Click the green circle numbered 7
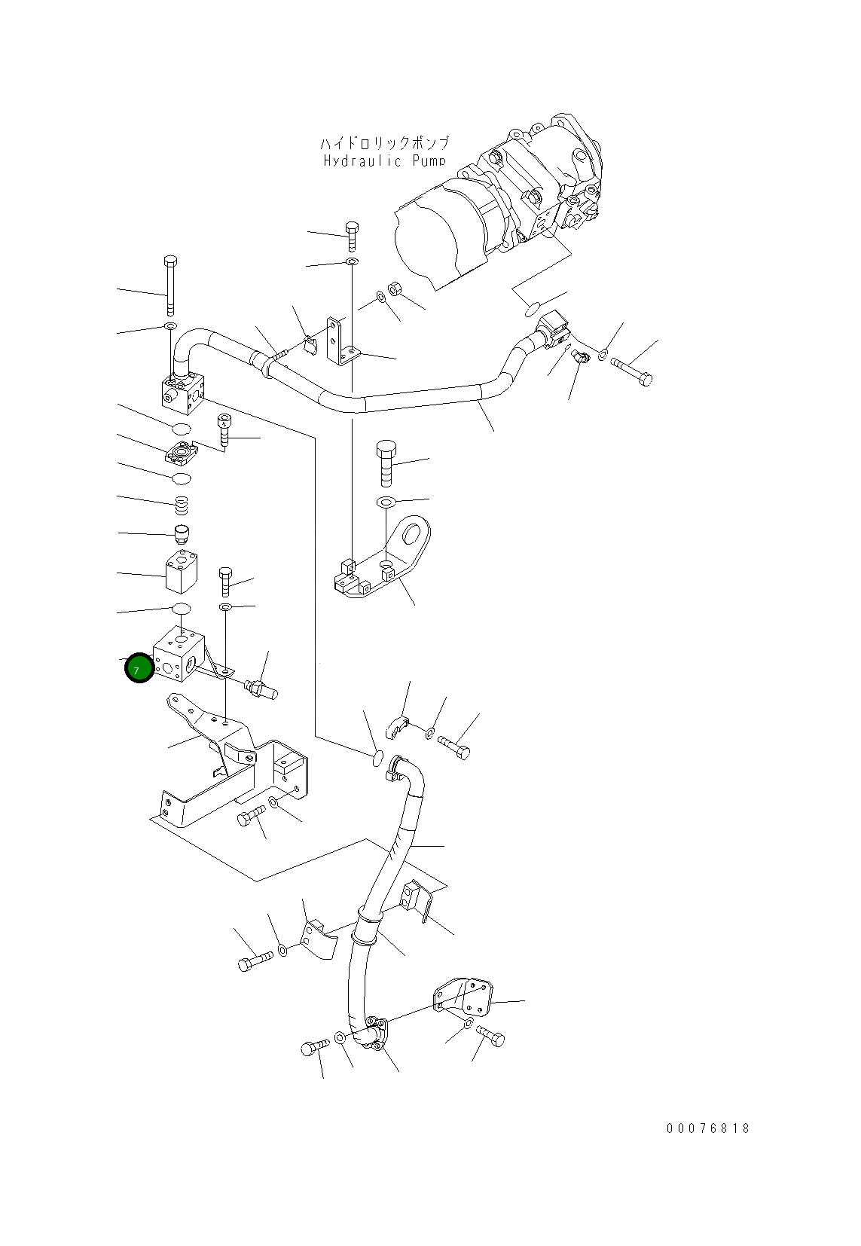coord(139,668)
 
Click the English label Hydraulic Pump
coord(385,160)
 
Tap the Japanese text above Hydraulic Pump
coord(385,142)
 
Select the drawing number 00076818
coord(708,1128)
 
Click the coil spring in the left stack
coord(181,505)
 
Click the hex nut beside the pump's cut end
coord(395,290)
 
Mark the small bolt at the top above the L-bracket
coord(351,235)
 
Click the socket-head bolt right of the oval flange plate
coord(224,431)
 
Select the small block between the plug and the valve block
coord(181,573)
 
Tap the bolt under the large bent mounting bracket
coord(252,815)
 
